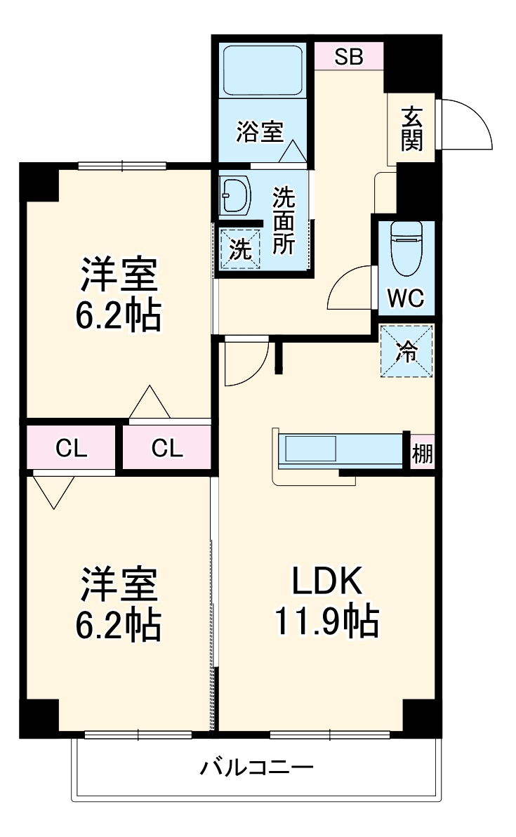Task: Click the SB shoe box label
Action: point(348,57)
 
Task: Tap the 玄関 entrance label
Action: point(412,128)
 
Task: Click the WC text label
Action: point(406,299)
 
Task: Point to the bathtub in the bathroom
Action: point(262,70)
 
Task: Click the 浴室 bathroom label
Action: point(259,131)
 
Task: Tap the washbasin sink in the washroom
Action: point(235,195)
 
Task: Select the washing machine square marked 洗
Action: point(240,249)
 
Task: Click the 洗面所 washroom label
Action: point(284,220)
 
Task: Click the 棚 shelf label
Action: point(423,454)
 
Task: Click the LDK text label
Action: point(326,582)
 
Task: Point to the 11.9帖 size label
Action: point(326,621)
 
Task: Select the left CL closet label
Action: point(72,447)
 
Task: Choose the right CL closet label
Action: point(167,447)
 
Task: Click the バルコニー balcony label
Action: point(256,766)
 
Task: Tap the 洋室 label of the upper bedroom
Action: point(118,275)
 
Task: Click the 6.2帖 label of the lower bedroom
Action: point(118,624)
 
